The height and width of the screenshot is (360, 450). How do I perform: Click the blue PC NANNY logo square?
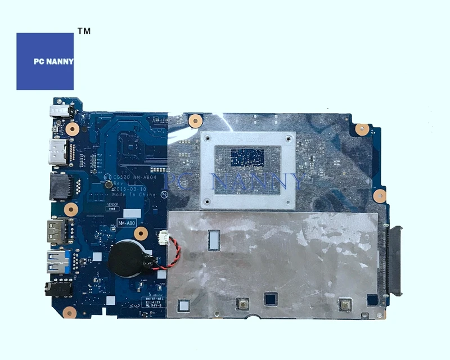[45, 61]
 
